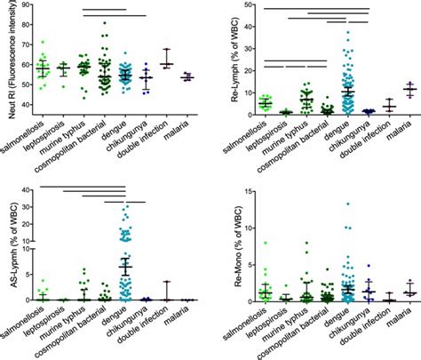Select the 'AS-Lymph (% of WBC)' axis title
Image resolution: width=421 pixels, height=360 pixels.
[x=6, y=244]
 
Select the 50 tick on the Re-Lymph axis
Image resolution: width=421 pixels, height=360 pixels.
[x=239, y=7]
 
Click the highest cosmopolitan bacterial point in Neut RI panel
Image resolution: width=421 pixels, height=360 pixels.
[x=104, y=23]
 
